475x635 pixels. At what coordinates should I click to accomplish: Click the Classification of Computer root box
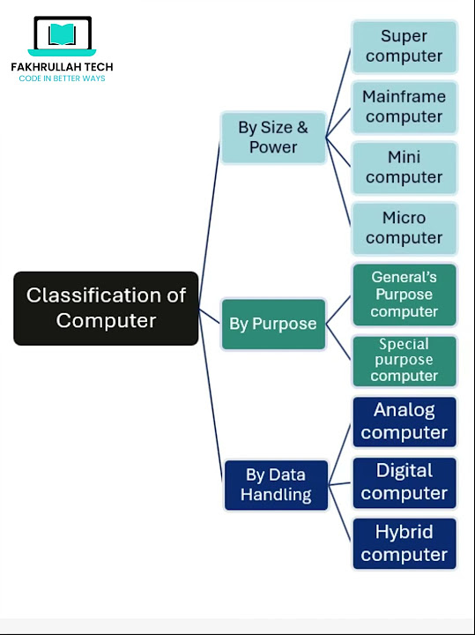[106, 308]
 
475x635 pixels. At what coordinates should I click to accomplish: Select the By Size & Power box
[272, 138]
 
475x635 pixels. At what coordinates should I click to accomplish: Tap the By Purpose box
[273, 324]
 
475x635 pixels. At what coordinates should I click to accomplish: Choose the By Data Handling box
[276, 484]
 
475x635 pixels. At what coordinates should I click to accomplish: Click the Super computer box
[404, 47]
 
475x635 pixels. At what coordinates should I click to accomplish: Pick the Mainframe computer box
[404, 107]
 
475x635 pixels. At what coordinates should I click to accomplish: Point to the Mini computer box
[404, 168]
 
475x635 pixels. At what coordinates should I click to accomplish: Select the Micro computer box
[404, 228]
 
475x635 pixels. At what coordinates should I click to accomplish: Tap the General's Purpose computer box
[404, 295]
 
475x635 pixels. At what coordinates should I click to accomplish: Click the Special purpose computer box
[404, 360]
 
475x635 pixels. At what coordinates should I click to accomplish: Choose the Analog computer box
[404, 422]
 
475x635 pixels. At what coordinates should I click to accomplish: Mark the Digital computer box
[404, 482]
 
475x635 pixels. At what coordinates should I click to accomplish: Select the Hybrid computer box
[404, 543]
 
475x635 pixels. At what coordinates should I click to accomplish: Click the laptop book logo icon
[62, 36]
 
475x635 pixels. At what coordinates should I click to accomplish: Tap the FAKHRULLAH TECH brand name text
[62, 67]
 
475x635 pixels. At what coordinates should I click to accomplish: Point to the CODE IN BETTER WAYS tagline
[62, 78]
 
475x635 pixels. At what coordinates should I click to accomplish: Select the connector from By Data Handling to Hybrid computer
[340, 512]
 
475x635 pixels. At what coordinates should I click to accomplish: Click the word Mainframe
[404, 97]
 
